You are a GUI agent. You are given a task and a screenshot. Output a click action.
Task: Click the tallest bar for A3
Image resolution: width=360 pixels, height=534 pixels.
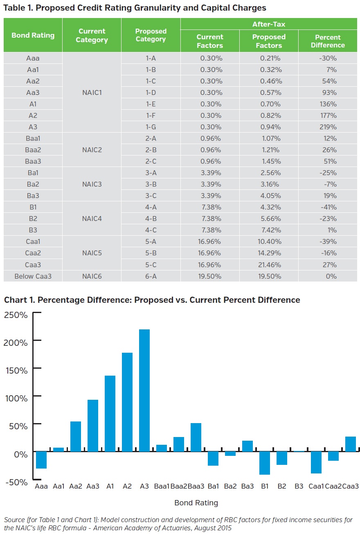click(x=144, y=391)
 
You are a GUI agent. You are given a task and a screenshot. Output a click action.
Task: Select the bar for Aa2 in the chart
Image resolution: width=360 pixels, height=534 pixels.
click(x=76, y=437)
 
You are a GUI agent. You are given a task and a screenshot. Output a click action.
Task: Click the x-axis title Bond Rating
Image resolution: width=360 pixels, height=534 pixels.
click(x=196, y=503)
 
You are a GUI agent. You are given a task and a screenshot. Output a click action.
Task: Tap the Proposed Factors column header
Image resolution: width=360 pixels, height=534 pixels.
click(x=269, y=41)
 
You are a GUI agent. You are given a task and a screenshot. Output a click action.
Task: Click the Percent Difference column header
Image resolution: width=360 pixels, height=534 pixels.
click(x=328, y=41)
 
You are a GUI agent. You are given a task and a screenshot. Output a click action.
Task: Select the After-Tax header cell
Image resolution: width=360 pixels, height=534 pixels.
click(x=269, y=25)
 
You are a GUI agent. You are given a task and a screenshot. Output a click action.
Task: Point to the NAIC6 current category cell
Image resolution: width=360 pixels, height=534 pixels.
click(x=92, y=276)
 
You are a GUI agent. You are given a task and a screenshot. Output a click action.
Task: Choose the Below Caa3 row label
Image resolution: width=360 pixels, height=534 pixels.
click(x=33, y=276)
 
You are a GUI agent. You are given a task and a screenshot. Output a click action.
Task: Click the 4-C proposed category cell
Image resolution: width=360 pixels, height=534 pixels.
click(x=151, y=230)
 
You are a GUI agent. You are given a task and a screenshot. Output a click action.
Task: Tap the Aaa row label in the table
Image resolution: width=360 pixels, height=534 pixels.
click(x=33, y=58)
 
